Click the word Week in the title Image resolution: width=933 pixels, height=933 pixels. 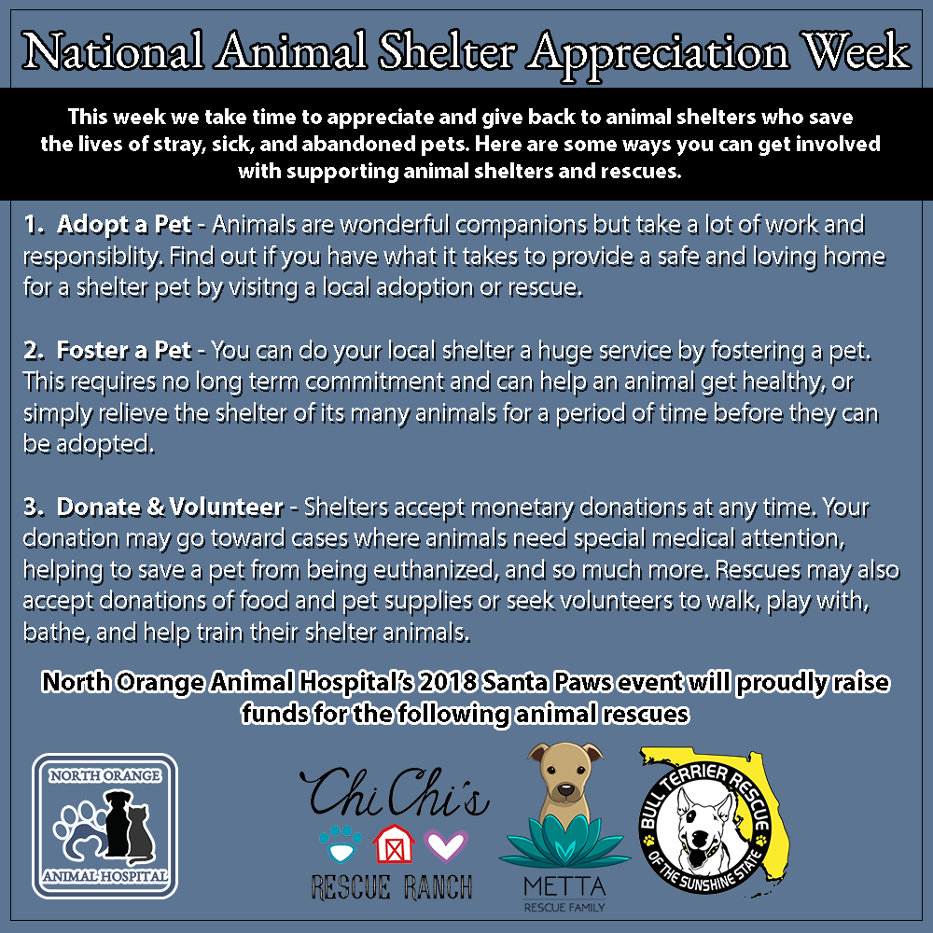point(855,51)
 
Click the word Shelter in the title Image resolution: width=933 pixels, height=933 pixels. point(447,51)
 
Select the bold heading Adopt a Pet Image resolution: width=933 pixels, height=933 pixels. point(124,225)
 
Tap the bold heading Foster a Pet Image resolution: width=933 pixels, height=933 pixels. point(124,351)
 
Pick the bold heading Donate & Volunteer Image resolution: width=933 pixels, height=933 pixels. point(170,507)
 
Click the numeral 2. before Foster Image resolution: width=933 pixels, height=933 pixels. point(34,351)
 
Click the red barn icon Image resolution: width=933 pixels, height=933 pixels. point(394,843)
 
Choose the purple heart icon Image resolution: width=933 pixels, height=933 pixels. point(446,845)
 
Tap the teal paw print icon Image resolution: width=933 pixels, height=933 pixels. point(341,843)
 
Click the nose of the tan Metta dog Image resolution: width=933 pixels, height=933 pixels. point(565,790)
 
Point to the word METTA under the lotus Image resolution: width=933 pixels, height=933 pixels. point(564,887)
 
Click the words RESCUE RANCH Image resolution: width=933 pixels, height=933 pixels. point(392,887)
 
